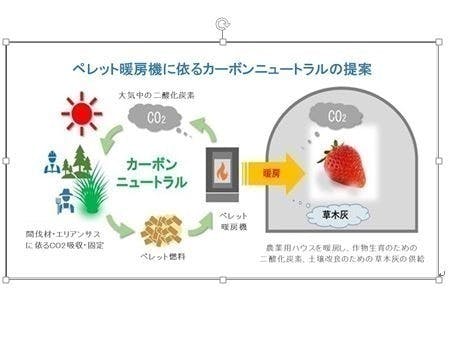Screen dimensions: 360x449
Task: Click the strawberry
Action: tap(337, 166)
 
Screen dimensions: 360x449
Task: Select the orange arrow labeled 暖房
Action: tap(271, 172)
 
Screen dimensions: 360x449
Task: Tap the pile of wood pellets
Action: tap(157, 231)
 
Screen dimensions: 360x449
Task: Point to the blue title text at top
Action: tap(223, 70)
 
